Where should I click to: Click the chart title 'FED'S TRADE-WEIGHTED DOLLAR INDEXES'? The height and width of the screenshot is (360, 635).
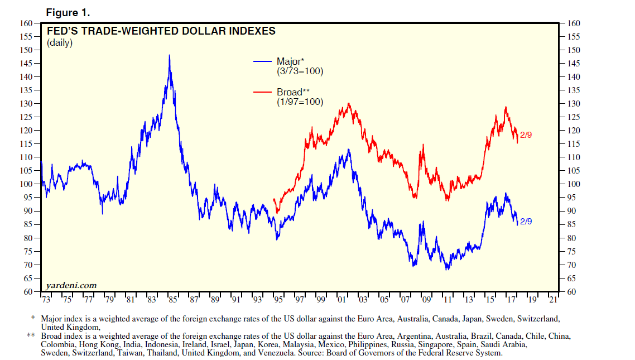tap(161, 31)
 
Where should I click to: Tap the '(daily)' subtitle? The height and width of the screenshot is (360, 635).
tap(60, 43)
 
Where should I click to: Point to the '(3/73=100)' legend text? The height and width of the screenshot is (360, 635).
tap(300, 71)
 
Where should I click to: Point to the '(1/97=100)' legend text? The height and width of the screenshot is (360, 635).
tap(300, 102)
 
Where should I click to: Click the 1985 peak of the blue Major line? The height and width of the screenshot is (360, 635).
tap(169, 56)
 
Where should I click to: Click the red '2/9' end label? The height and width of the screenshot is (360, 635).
tap(526, 135)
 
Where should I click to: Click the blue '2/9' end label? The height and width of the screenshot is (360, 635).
tap(526, 222)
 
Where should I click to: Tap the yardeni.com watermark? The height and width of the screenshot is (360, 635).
tap(71, 285)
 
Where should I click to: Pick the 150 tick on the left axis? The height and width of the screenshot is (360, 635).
tap(26, 50)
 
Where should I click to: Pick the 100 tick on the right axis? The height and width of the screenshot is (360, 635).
tap(574, 184)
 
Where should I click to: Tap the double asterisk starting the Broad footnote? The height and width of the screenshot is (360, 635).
tap(31, 336)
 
